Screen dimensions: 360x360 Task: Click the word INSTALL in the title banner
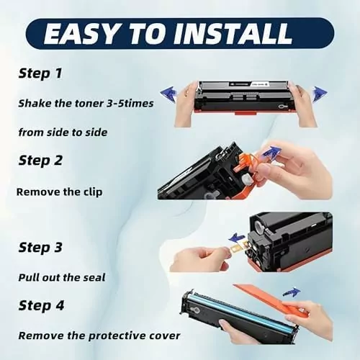233,34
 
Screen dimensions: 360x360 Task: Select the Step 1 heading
40,73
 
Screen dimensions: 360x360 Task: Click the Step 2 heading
40,160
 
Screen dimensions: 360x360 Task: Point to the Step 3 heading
40,247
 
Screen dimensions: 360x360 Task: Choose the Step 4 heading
41,305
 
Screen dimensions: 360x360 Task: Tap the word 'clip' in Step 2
93,192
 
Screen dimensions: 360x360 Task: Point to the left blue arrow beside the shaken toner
168,93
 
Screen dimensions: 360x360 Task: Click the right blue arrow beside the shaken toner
319,94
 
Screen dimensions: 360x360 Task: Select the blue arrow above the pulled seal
237,238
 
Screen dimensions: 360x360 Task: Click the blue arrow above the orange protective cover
292,292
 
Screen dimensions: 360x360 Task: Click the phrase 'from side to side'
63,132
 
